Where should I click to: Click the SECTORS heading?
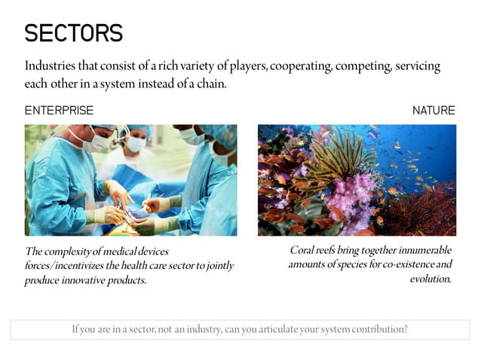click(73, 33)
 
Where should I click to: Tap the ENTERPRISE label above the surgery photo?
click(59, 111)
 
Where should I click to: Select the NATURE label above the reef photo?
click(434, 111)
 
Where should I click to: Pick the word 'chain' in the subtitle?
click(209, 84)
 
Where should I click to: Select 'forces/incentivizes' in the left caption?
click(62, 265)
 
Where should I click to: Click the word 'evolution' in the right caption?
click(430, 279)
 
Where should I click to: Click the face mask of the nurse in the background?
click(136, 143)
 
